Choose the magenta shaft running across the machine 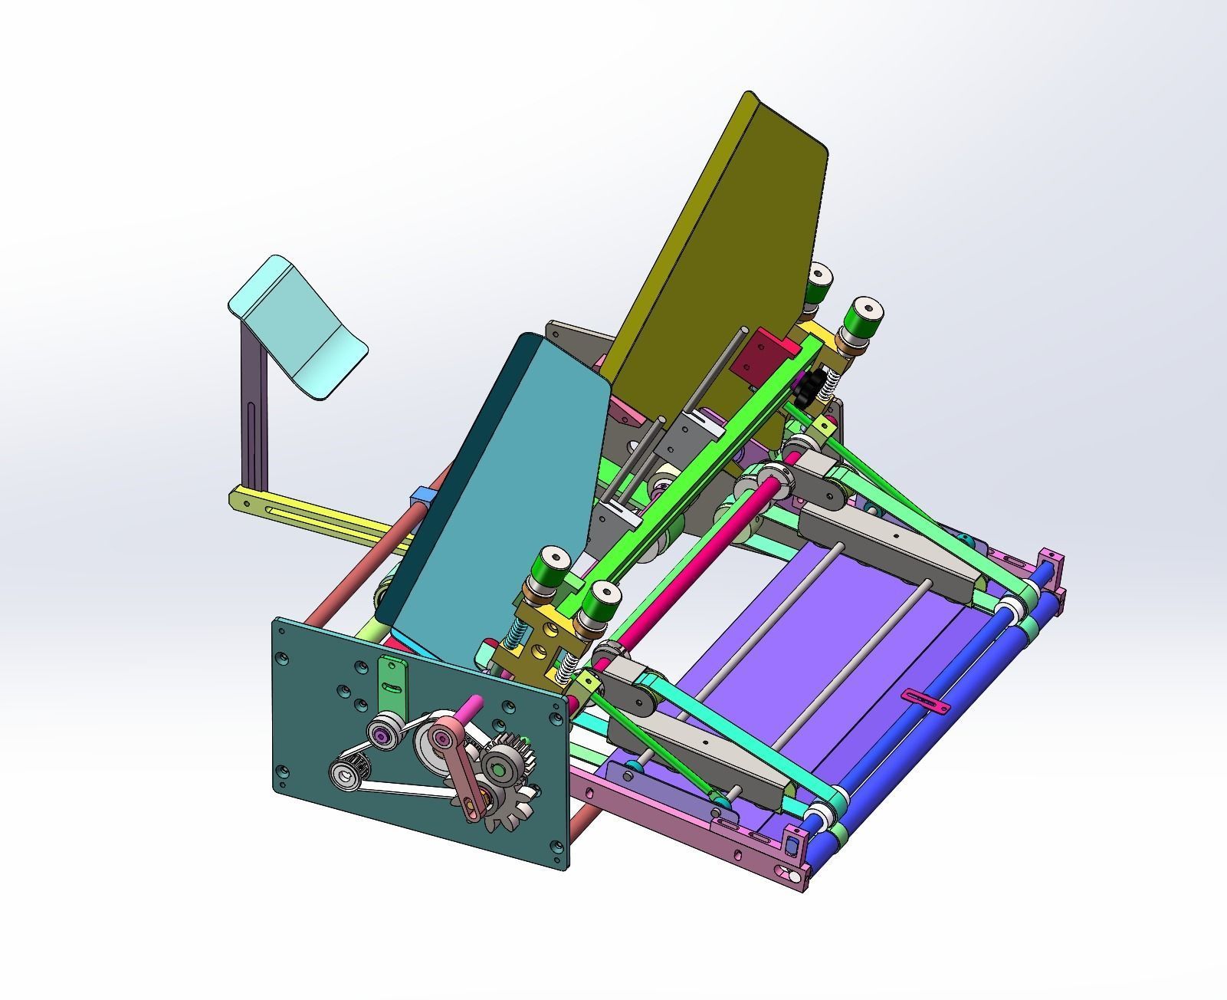click(690, 567)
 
